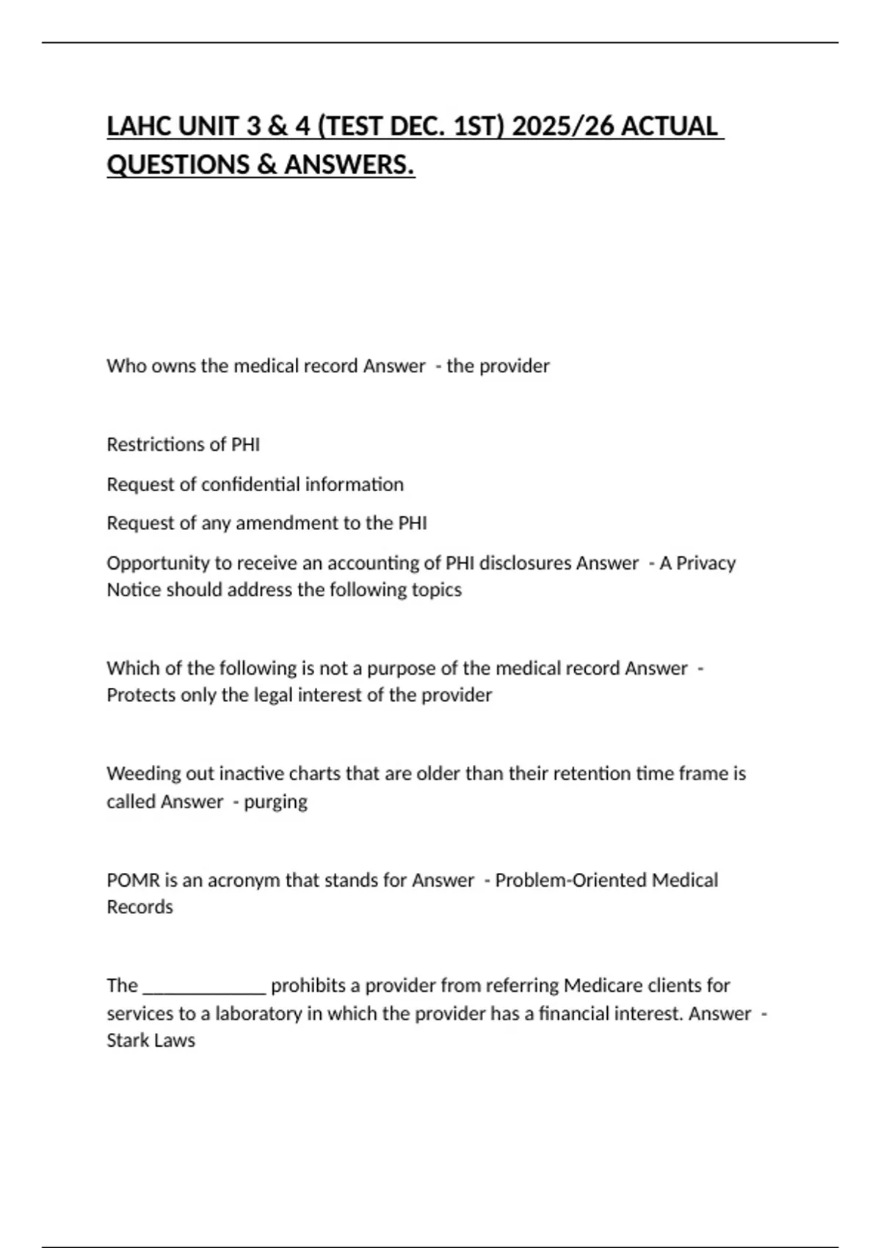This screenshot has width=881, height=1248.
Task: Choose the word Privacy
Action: (706, 563)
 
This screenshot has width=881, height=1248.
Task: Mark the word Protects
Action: (141, 695)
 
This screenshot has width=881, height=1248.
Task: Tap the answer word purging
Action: (275, 802)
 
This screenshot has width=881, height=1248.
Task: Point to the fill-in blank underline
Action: (204, 990)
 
